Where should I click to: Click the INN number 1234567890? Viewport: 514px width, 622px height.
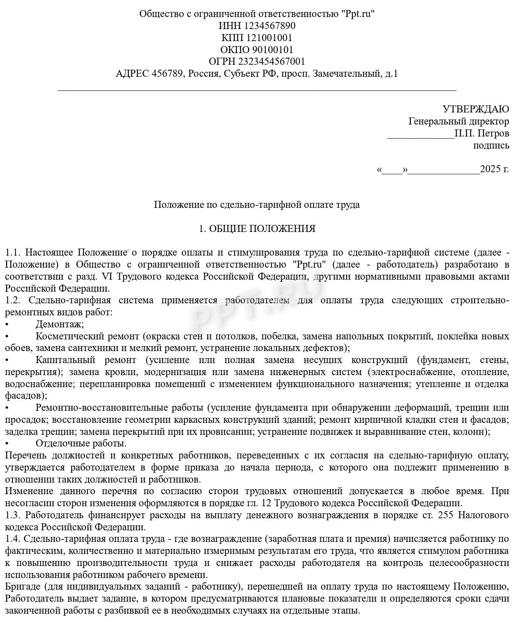point(269,26)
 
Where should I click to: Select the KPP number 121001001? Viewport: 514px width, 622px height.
point(269,38)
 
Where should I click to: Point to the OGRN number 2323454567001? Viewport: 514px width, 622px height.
point(272,61)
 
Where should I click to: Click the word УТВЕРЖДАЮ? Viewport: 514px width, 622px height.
point(476,109)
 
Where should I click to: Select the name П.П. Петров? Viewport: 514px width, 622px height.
point(482,134)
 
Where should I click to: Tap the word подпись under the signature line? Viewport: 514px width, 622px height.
point(491,145)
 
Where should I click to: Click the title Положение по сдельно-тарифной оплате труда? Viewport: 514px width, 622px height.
point(257,205)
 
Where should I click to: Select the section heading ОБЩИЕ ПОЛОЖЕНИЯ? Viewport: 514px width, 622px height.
point(262,229)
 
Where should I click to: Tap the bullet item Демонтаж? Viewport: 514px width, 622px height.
point(60,324)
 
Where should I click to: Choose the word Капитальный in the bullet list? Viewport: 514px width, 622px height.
point(65,360)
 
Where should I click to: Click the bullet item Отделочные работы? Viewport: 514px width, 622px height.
point(81,444)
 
